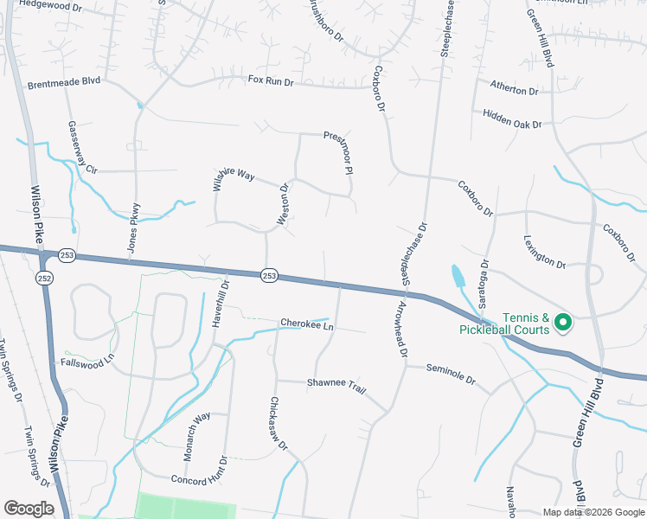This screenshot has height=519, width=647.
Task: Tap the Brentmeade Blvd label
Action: click(64, 82)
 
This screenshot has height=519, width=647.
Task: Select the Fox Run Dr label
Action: click(271, 80)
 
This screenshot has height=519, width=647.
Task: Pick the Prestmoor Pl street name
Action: click(339, 153)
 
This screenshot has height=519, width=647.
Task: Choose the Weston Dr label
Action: click(282, 205)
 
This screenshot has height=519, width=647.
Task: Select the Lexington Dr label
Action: click(544, 252)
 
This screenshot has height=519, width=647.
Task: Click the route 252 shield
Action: click(44, 278)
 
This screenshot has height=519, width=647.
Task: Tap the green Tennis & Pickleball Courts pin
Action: click(563, 323)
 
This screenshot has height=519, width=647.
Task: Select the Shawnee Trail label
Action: click(336, 385)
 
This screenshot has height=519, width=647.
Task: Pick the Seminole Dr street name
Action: click(451, 373)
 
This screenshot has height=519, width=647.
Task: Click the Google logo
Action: click(29, 509)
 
